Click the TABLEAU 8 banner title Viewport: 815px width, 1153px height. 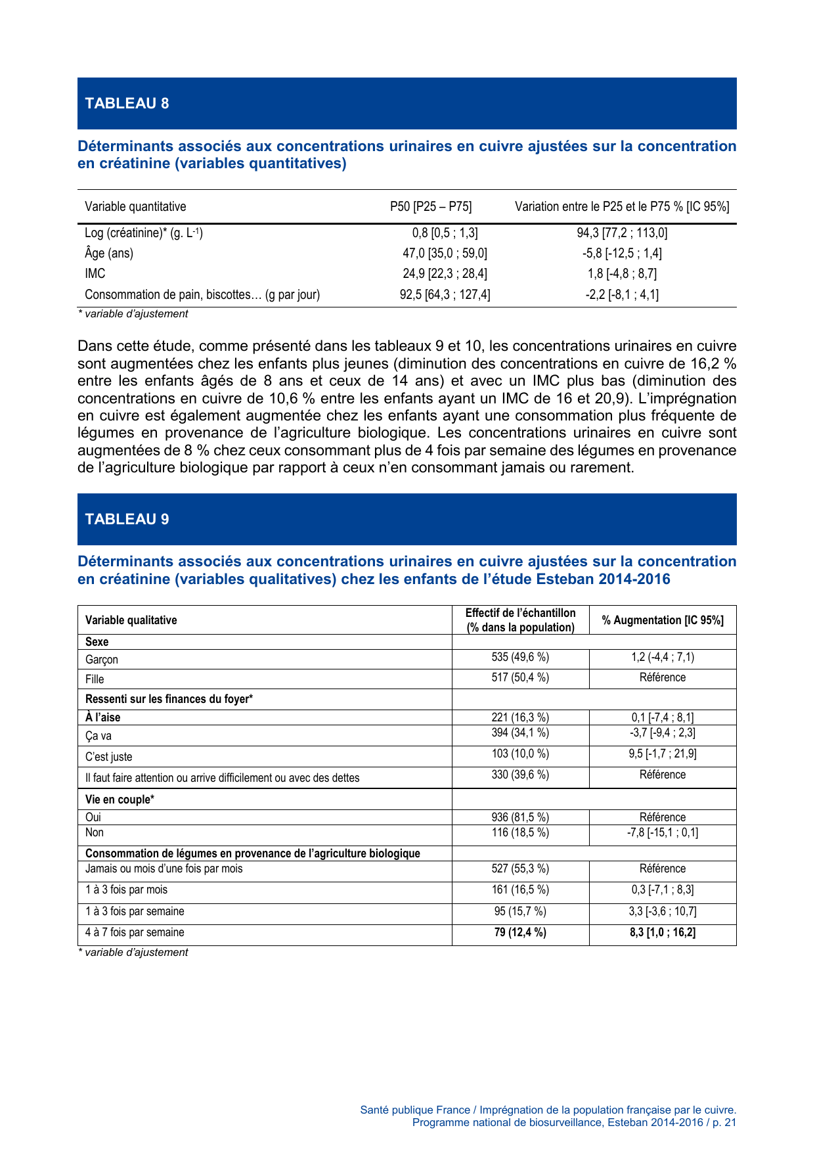click(127, 103)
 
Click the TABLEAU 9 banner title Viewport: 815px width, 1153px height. click(127, 519)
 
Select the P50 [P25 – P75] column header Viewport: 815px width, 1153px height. click(431, 206)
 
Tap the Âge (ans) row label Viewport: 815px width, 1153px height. click(109, 253)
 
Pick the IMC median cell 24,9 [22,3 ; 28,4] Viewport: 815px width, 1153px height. click(445, 273)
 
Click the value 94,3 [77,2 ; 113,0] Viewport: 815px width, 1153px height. click(622, 233)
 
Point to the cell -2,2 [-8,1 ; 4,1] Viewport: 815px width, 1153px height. click(622, 294)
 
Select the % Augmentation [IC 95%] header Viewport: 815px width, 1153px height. click(663, 620)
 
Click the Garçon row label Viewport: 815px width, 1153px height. click(102, 659)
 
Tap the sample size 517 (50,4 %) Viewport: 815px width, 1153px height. click(520, 677)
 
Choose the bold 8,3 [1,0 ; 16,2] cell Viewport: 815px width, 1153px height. click(663, 932)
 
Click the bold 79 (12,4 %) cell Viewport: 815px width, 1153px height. click(520, 932)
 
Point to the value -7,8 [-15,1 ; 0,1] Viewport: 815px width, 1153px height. click(663, 832)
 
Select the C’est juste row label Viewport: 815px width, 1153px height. click(109, 756)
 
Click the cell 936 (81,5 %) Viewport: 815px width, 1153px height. click(520, 817)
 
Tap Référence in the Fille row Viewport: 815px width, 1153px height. click(663, 677)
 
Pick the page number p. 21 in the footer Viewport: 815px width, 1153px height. click(724, 1122)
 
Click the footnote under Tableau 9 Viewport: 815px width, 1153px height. click(133, 952)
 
